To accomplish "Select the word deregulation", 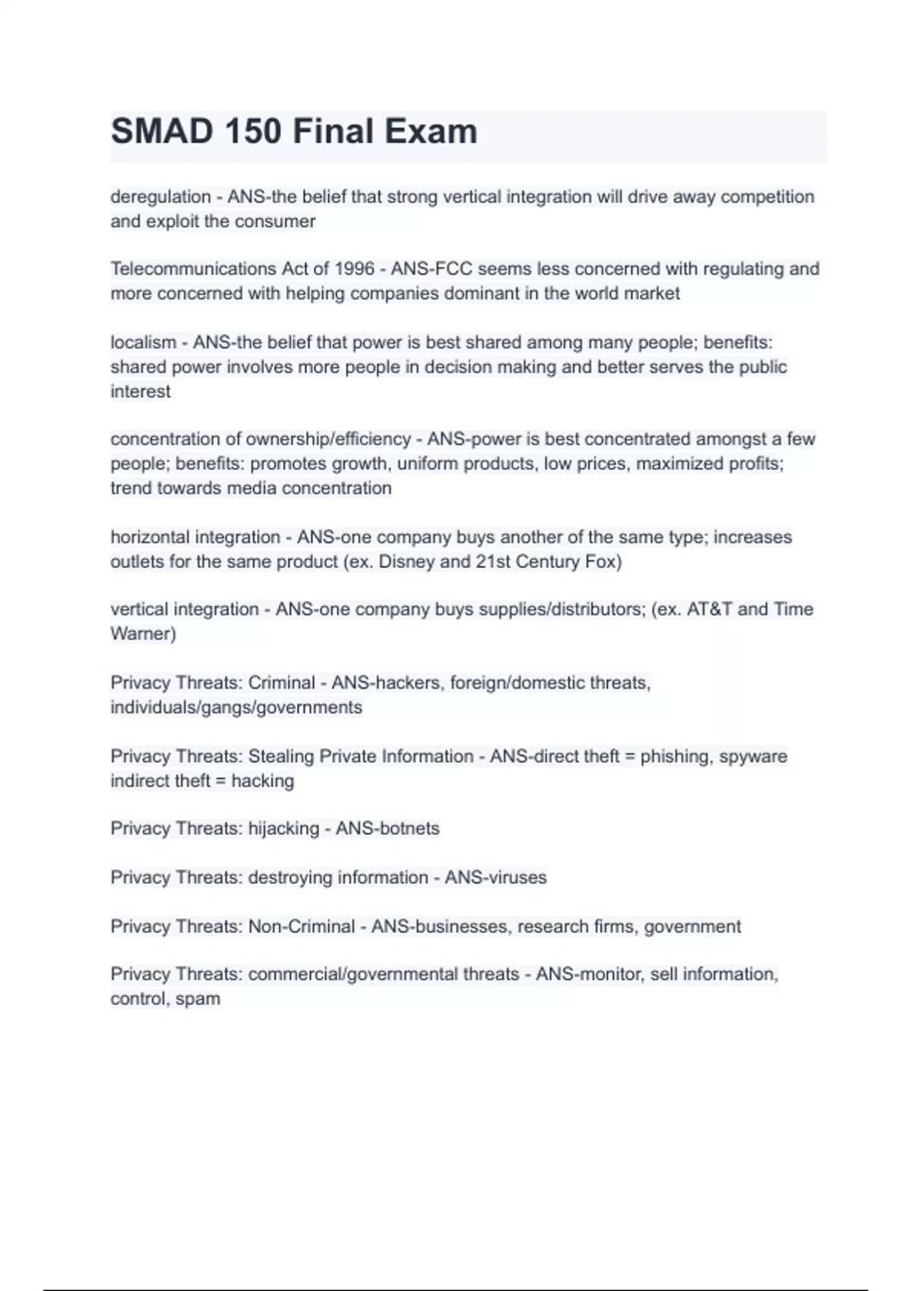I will (x=160, y=197).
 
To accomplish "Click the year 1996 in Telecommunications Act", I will (x=354, y=269).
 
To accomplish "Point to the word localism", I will (x=143, y=342).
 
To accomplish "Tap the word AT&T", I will (x=709, y=609).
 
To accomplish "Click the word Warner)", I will (x=143, y=634).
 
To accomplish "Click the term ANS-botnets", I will (x=388, y=829).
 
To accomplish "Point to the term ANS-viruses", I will (x=496, y=878).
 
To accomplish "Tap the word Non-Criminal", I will (x=302, y=926).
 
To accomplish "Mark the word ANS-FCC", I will (x=432, y=269).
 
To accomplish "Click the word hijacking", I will (x=283, y=829).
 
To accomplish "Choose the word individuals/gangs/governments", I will (x=236, y=708).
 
